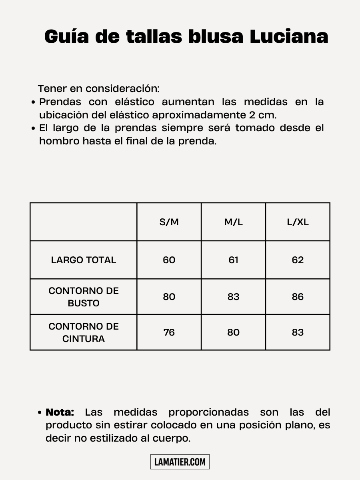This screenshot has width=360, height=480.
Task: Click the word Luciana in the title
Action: pos(289,36)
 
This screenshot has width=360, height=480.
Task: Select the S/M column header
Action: pos(169,222)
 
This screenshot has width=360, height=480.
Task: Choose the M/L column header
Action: pos(234,222)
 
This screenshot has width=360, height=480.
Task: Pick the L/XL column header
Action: pos(298,222)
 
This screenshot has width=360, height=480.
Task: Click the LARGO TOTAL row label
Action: pos(84,260)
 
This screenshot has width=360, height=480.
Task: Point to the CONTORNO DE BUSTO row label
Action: pos(84,297)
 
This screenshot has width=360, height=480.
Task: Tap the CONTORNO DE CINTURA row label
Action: pos(84,332)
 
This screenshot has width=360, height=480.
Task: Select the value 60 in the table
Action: pos(169,260)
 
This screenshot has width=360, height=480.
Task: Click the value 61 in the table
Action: pos(234,260)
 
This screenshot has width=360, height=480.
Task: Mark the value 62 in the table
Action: pos(298,260)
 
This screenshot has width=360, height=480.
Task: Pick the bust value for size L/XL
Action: pos(298,297)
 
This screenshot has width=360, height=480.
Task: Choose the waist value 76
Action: pos(169,332)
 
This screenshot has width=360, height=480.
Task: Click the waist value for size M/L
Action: pos(234,332)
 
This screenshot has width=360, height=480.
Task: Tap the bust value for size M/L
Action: pos(234,297)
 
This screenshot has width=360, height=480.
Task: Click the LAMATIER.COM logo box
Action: pos(180,462)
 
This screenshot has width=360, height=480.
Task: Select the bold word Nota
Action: pos(60,412)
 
